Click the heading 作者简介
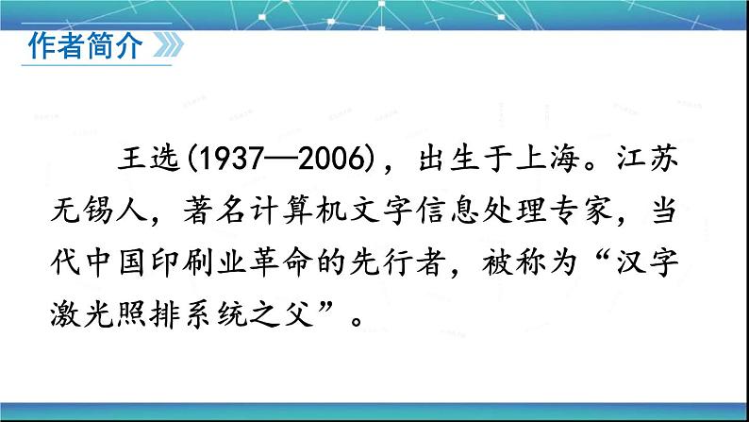point(86,46)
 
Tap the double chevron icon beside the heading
point(168,45)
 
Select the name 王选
point(149,159)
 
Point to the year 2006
point(331,159)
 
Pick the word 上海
point(548,159)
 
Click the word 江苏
point(647,159)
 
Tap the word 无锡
point(81,211)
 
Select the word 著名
point(214,211)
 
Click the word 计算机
point(298,211)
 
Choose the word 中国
point(115,262)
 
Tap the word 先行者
point(397,262)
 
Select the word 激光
point(81,315)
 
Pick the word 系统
point(214,315)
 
